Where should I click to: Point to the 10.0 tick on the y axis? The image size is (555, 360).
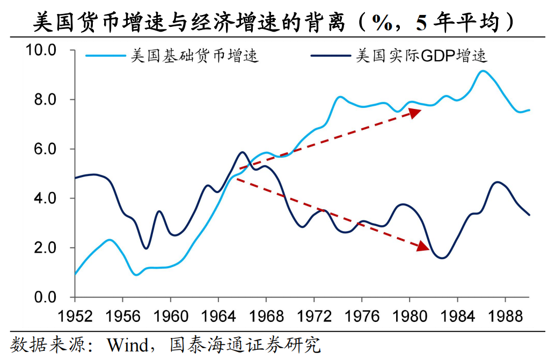click(41, 50)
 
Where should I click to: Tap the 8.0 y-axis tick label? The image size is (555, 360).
click(45, 100)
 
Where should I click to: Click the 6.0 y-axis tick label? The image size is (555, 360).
click(45, 149)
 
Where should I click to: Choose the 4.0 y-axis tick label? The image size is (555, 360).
click(45, 199)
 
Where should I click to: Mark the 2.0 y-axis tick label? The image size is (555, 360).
click(45, 248)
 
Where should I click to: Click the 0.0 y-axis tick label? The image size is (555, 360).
click(45, 297)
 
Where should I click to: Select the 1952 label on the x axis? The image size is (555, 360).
click(75, 314)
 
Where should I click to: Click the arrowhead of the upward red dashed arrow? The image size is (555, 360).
click(415, 112)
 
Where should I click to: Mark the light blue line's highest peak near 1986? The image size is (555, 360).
click(483, 71)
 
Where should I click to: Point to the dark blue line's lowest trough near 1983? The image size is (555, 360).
click(443, 258)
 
